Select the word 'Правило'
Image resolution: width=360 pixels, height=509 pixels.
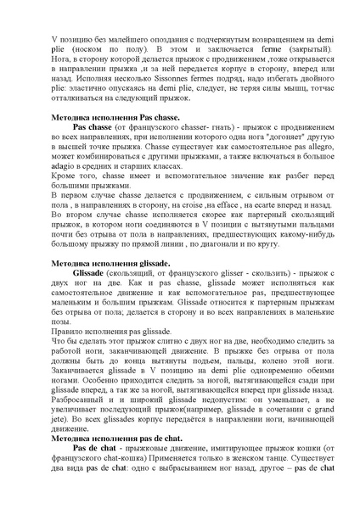coord(71,333)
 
